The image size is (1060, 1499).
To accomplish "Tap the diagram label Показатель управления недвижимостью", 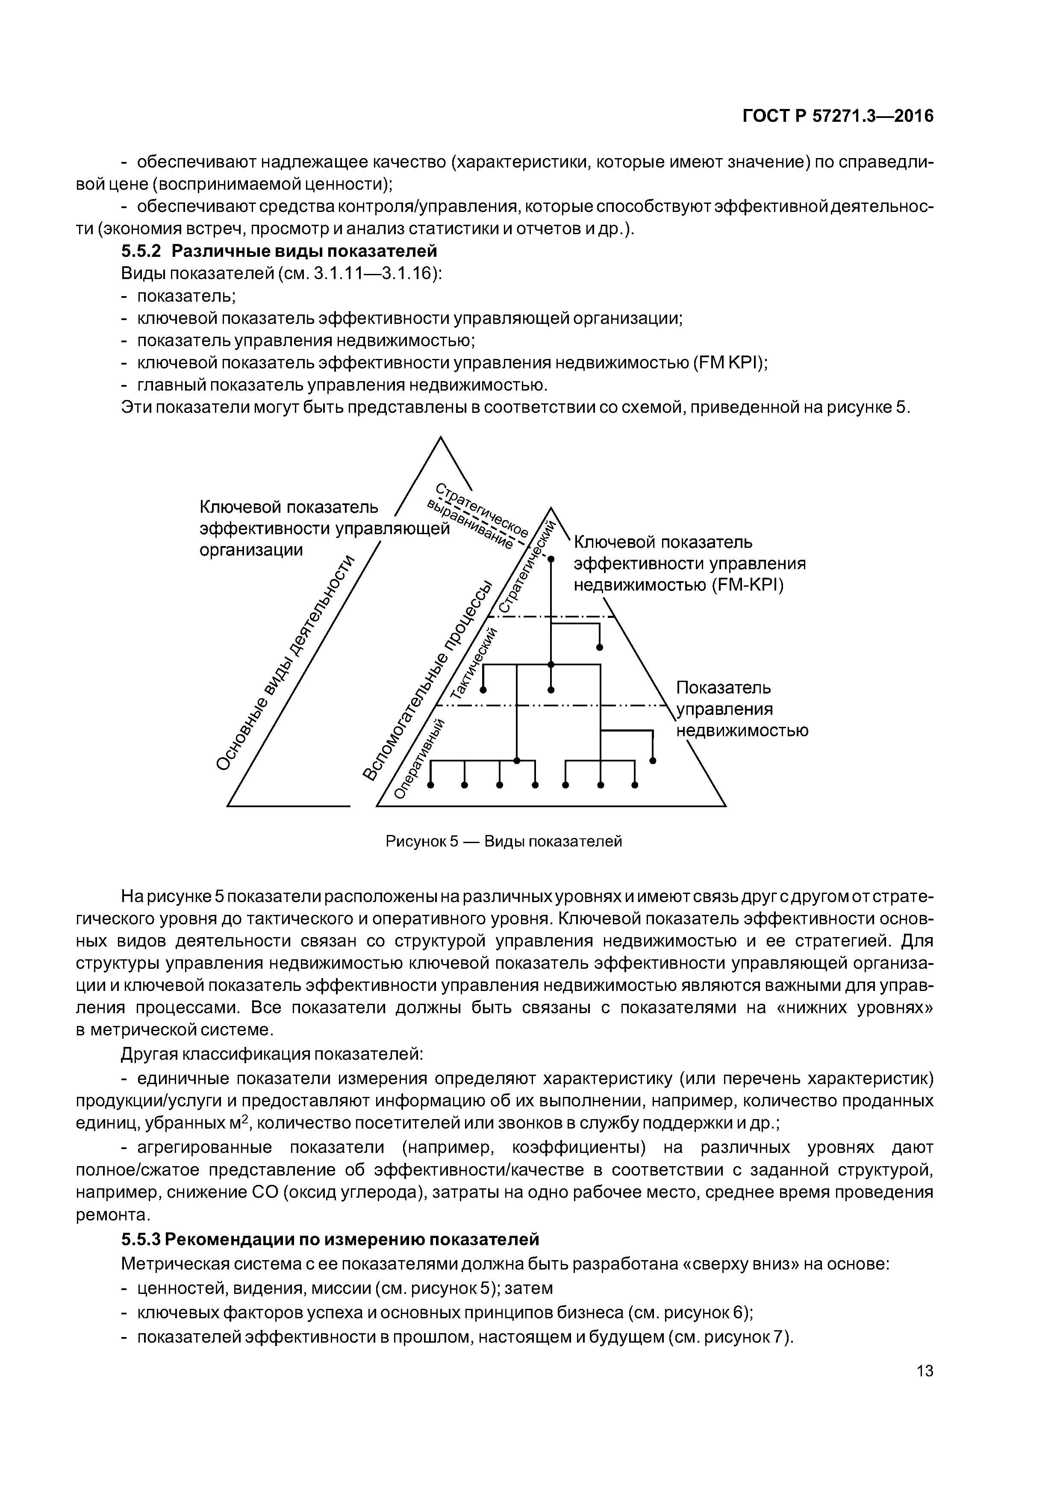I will tap(741, 709).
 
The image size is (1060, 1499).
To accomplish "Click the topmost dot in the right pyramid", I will tap(551, 559).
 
